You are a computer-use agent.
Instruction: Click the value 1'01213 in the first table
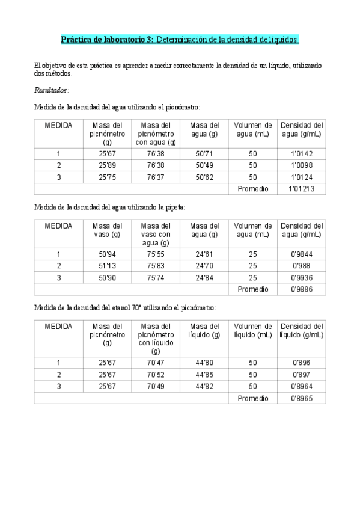pos(301,189)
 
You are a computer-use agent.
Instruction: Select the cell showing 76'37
pos(156,177)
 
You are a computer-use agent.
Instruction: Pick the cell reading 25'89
pos(107,165)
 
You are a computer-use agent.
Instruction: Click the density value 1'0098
pos(301,165)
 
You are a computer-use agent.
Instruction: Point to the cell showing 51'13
pos(107,266)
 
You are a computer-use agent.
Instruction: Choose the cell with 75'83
pos(156,266)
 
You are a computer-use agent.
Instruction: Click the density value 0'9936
pos(301,278)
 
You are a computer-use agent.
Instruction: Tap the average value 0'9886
pos(301,289)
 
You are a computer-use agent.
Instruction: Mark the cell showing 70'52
pos(156,374)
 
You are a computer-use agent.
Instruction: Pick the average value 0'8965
pos(301,398)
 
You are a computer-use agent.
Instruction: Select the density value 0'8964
pos(301,386)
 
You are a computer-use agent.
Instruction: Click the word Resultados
pos(52,91)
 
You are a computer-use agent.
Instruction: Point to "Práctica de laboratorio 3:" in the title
pos(108,40)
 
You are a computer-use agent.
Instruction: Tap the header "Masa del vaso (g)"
pos(107,230)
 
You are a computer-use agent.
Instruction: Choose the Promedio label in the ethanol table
pos(252,398)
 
